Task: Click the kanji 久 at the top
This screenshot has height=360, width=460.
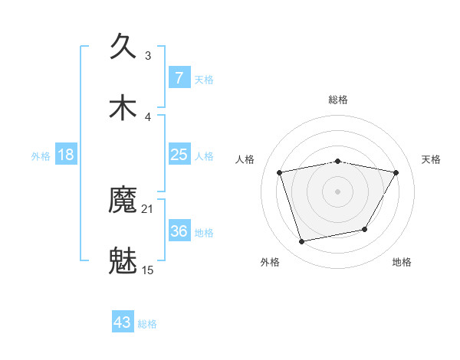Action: [x=123, y=46]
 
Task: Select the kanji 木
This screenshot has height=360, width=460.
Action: [x=123, y=107]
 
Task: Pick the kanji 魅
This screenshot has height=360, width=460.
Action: [x=123, y=261]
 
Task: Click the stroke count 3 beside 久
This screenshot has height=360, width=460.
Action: [x=148, y=55]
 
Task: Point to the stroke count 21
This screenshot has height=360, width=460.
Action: [x=148, y=208]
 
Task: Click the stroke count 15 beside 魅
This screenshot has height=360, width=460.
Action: [x=148, y=270]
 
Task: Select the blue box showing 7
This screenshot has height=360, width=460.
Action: [x=179, y=78]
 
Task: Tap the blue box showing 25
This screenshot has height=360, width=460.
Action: [x=179, y=155]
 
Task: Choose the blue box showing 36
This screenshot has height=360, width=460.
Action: [x=179, y=231]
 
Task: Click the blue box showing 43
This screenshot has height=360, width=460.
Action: [x=123, y=322]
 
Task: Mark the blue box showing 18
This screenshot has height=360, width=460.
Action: [x=66, y=155]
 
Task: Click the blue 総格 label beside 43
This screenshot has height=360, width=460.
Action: [x=148, y=324]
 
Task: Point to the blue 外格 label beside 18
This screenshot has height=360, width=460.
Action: [x=41, y=156]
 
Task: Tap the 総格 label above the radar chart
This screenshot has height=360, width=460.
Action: [x=338, y=100]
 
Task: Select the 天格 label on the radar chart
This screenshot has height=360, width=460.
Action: [x=431, y=159]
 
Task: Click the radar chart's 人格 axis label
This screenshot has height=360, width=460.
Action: [x=245, y=159]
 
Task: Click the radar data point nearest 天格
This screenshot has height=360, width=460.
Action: [x=396, y=172]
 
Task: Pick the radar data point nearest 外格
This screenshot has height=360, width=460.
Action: [x=302, y=242]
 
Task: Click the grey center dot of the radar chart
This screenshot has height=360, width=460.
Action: [x=338, y=191]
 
